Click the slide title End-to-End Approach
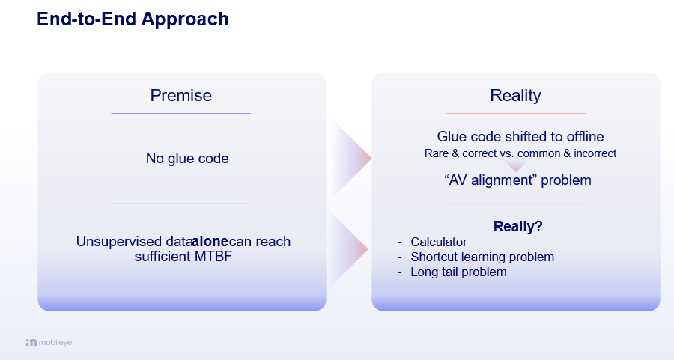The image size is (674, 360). coord(133,19)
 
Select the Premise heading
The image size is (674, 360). coord(180,95)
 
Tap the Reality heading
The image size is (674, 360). coord(515,95)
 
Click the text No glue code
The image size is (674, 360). coord(187,159)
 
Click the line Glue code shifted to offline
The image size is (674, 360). coord(520,137)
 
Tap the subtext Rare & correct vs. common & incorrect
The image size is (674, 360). coord(520,153)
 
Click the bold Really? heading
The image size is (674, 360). coord(517,227)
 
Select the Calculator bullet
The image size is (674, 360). coord(439,242)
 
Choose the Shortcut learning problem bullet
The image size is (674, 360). coord(482,257)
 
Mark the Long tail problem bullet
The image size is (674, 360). coord(458,272)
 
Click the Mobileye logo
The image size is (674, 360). coord(49,342)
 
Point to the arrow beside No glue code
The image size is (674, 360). coord(350,158)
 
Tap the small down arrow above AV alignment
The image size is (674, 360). coord(515,166)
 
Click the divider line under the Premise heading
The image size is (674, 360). coord(180,113)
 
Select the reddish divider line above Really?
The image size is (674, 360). coord(515,204)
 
